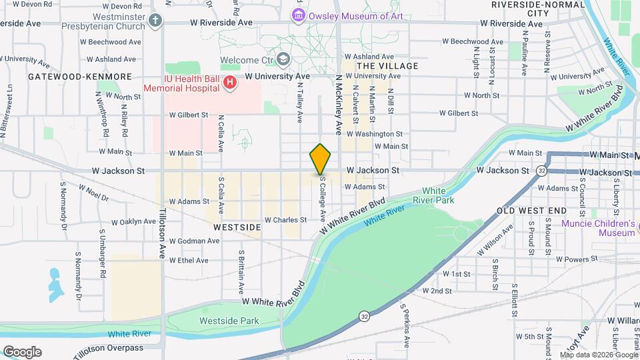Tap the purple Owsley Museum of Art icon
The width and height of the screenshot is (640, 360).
[299, 15]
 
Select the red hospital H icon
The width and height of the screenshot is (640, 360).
[230, 83]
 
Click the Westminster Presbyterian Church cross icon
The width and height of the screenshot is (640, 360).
[156, 20]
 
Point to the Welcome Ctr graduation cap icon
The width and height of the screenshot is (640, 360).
[285, 60]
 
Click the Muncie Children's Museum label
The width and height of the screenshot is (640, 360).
[598, 228]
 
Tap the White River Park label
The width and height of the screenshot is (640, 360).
[437, 195]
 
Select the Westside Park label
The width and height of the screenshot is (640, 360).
[229, 321]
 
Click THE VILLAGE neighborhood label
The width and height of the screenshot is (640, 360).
[387, 66]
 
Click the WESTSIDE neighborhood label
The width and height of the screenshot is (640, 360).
[237, 227]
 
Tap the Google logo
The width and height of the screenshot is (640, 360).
[22, 352]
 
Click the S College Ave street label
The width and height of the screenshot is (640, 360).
[322, 199]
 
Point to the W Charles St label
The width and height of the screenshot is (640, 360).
[285, 219]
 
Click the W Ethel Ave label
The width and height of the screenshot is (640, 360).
[189, 260]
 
